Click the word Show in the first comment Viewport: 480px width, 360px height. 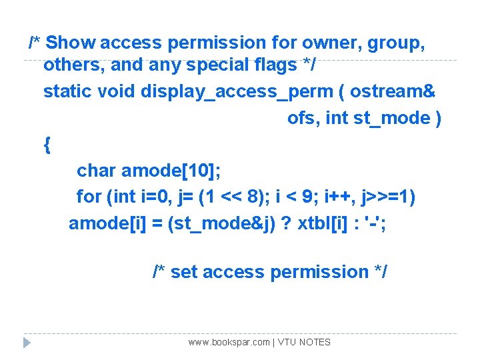click(71, 43)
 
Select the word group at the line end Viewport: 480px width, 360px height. click(398, 43)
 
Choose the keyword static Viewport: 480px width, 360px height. click(67, 91)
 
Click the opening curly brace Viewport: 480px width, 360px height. click(46, 144)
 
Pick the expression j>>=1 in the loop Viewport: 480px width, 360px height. click(385, 197)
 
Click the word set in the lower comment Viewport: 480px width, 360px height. click(184, 272)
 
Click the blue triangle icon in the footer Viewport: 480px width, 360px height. click(27, 343)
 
